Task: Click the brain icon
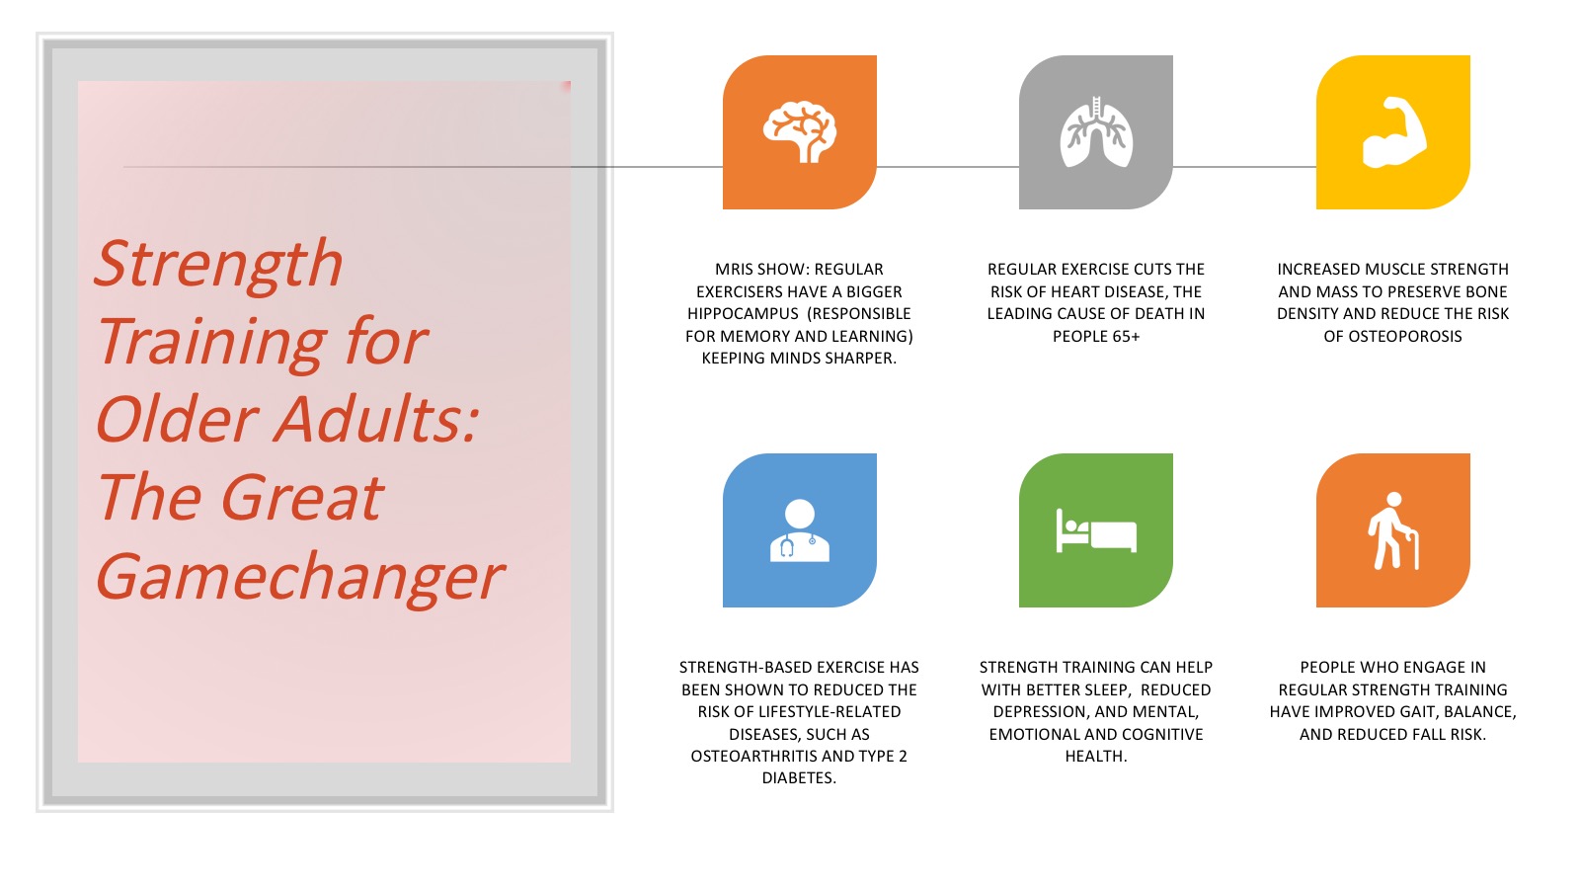point(799,132)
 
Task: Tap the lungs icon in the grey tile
point(1096,132)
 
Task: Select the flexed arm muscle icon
point(1393,132)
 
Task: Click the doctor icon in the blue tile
point(799,530)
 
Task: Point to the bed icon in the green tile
point(1096,530)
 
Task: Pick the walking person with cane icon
point(1393,530)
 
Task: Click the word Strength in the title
point(218,265)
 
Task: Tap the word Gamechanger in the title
point(299,578)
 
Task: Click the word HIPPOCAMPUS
point(743,314)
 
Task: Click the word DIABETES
point(799,778)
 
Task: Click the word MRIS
point(735,270)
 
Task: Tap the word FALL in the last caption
point(1426,735)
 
